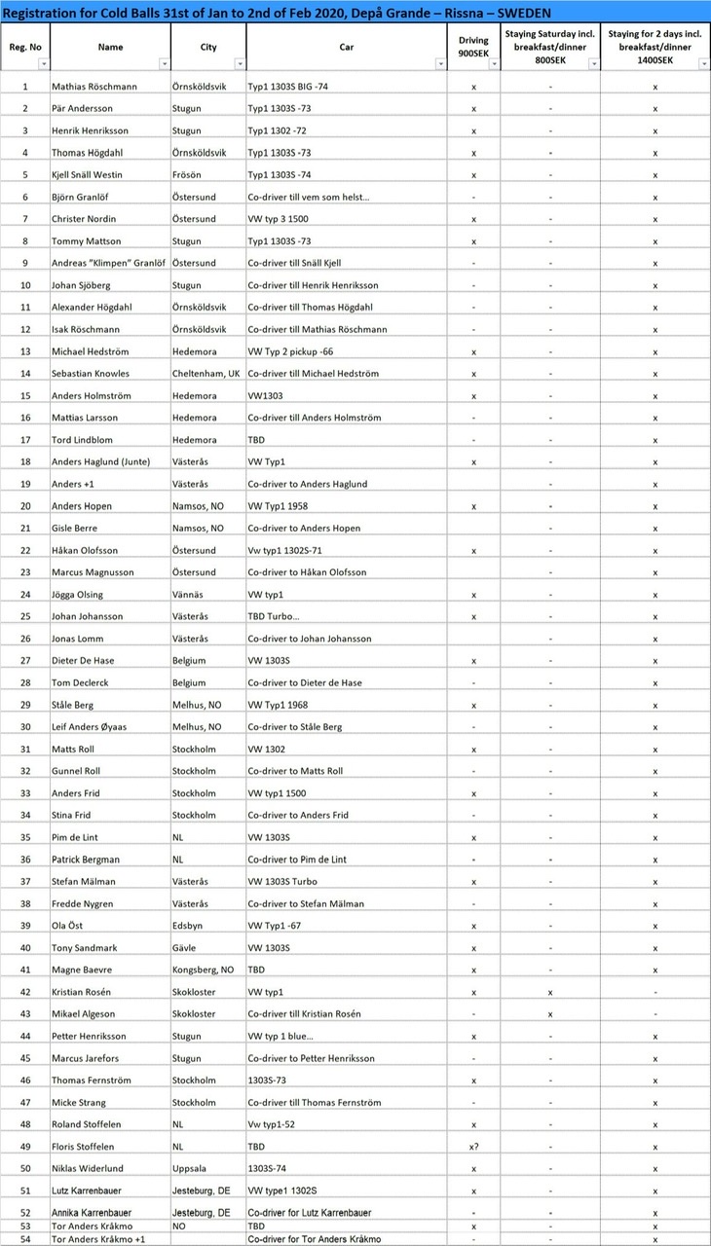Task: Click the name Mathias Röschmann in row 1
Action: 94,87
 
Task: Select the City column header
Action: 208,47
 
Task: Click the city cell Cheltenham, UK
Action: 206,374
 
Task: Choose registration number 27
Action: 24,661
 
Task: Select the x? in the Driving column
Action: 473,1147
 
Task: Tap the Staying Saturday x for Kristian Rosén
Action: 550,992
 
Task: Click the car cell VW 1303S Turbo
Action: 290,882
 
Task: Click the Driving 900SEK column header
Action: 473,46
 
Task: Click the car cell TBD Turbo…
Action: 281,616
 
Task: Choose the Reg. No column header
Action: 24,47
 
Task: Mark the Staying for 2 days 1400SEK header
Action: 655,46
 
